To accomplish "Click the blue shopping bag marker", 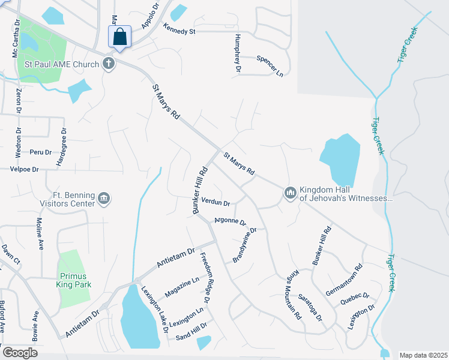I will click(x=119, y=37).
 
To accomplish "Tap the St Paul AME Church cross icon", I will click(x=108, y=63).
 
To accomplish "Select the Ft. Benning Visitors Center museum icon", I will click(x=104, y=199).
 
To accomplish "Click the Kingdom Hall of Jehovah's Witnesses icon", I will click(x=290, y=193).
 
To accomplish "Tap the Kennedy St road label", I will click(x=179, y=29).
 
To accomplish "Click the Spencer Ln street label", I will click(x=270, y=66).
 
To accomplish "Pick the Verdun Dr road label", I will click(x=216, y=203).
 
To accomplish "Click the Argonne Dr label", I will click(x=231, y=222).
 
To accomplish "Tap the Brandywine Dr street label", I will click(x=245, y=245).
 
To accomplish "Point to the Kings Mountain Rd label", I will click(x=292, y=294).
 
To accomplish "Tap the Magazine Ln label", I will click(x=182, y=285).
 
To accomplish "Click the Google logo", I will click(x=20, y=352).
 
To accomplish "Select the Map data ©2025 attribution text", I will click(x=423, y=355).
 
